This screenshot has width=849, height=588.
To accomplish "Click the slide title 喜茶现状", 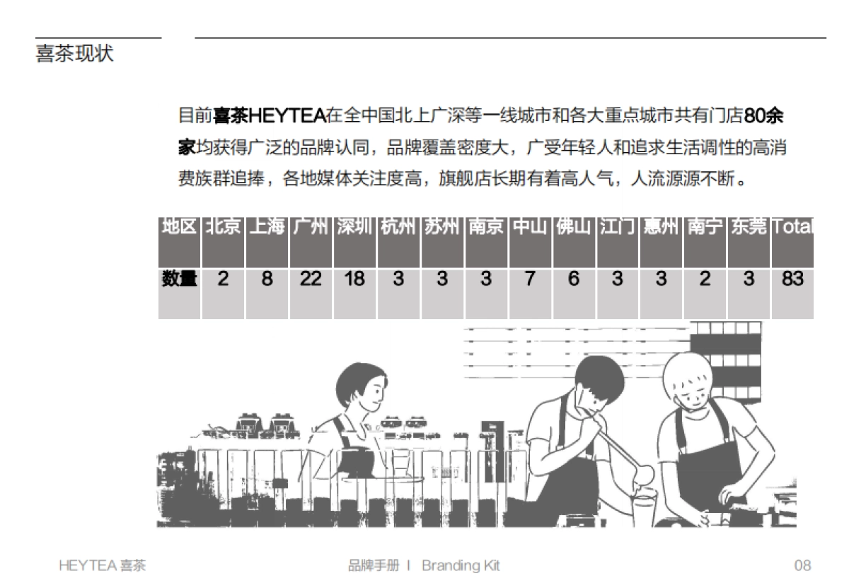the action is pyautogui.click(x=74, y=54).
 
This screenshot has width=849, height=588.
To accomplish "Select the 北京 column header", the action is pyautogui.click(x=223, y=226).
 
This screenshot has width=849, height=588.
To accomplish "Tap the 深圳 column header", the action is pyautogui.click(x=354, y=226).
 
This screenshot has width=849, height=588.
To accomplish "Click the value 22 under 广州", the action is pyautogui.click(x=310, y=279).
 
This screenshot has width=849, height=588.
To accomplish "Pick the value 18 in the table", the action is pyautogui.click(x=354, y=279).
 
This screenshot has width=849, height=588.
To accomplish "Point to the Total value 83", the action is pyautogui.click(x=792, y=279).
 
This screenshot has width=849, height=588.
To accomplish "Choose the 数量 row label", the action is pyautogui.click(x=179, y=279).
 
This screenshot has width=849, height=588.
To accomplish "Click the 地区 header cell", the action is pyautogui.click(x=179, y=226).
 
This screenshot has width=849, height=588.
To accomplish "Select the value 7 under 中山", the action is pyautogui.click(x=529, y=279).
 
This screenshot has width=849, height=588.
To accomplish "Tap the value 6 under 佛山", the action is pyautogui.click(x=573, y=279).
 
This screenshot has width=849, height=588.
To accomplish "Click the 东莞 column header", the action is pyautogui.click(x=749, y=226).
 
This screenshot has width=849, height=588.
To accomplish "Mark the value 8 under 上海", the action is pyautogui.click(x=267, y=279).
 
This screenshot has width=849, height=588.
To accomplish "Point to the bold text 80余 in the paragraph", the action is pyautogui.click(x=768, y=115).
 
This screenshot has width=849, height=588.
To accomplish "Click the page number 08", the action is pyautogui.click(x=802, y=565).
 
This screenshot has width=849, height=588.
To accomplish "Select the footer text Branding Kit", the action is pyautogui.click(x=461, y=565).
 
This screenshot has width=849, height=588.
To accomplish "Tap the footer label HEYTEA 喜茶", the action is pyautogui.click(x=103, y=565).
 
